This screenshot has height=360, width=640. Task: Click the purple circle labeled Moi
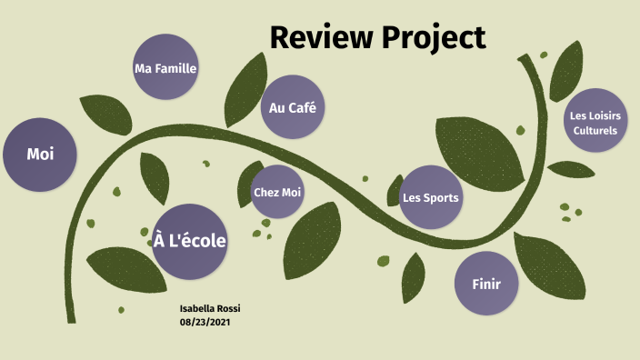pyautogui.click(x=38, y=155)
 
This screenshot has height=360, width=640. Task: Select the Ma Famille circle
pyautogui.click(x=165, y=67)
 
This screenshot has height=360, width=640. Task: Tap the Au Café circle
pyautogui.click(x=293, y=107)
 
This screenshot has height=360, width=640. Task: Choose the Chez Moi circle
pyautogui.click(x=277, y=192)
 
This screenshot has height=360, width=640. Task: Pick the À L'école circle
pyautogui.click(x=189, y=241)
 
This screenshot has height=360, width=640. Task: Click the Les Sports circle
pyautogui.click(x=430, y=197)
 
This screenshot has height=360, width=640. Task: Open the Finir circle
pyautogui.click(x=486, y=284)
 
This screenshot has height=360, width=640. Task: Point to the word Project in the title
pyautogui.click(x=434, y=39)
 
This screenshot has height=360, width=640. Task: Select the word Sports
pyautogui.click(x=443, y=197)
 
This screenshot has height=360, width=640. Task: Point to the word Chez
pyautogui.click(x=265, y=192)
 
